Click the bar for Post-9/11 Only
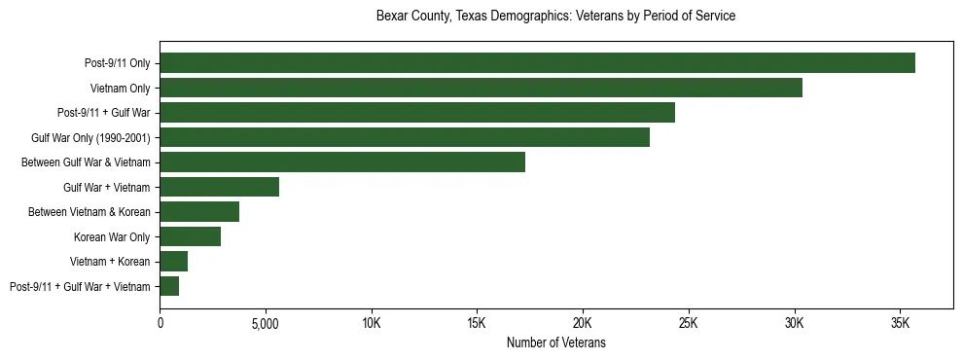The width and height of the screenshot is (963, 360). (x=537, y=63)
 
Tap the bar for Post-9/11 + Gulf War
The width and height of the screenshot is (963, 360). (x=417, y=113)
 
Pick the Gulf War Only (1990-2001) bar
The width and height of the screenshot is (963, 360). (x=405, y=137)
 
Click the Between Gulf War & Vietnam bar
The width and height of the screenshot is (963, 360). (x=342, y=162)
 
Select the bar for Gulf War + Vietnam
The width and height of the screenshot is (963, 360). (x=220, y=187)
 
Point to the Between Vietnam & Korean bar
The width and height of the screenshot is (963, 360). (x=199, y=212)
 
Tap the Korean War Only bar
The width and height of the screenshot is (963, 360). (x=191, y=236)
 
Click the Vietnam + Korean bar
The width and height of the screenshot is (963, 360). (x=174, y=262)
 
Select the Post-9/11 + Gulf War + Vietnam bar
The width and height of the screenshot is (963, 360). (x=169, y=286)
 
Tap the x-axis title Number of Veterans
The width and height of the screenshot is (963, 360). (x=555, y=342)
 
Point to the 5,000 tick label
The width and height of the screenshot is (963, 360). (x=266, y=323)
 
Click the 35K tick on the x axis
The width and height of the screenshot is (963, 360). (x=900, y=323)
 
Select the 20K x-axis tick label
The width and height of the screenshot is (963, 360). (x=583, y=323)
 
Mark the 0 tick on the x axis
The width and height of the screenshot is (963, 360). (x=160, y=323)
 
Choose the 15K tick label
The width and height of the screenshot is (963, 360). (x=477, y=323)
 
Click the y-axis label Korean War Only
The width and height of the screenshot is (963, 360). (x=112, y=236)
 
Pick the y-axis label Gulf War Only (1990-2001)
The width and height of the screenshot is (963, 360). (x=90, y=137)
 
